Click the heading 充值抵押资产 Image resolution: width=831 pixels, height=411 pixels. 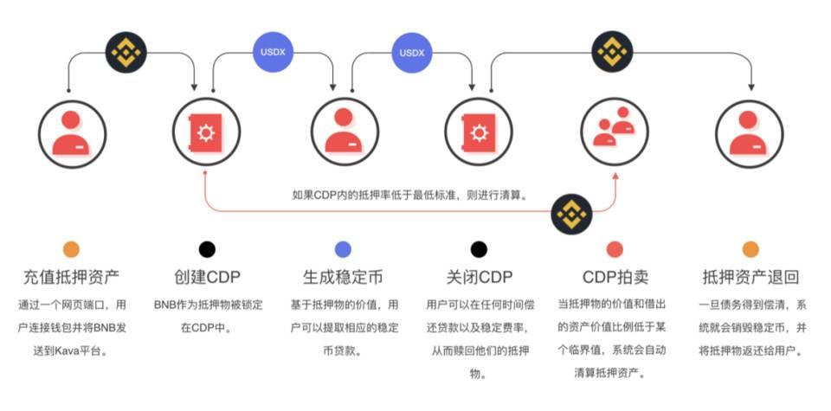[x=71, y=278]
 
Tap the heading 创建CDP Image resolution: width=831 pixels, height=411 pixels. [x=207, y=278]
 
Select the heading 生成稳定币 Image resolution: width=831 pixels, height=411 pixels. [x=343, y=278]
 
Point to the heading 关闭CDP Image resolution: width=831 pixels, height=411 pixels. [x=479, y=278]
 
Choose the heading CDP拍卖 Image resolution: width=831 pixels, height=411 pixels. [x=615, y=278]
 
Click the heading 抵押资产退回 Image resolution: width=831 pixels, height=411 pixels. [x=750, y=278]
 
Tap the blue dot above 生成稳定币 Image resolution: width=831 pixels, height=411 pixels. [x=343, y=249]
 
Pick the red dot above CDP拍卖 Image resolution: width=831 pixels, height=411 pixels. [x=615, y=249]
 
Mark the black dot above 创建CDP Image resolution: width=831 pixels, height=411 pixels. [x=207, y=249]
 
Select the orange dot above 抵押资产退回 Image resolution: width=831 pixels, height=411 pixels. [x=750, y=249]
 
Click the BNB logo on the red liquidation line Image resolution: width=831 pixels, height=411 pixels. [x=571, y=211]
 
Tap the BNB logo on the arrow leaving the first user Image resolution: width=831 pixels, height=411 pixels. [x=126, y=52]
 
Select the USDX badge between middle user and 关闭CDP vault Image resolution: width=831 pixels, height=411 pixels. [x=412, y=53]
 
